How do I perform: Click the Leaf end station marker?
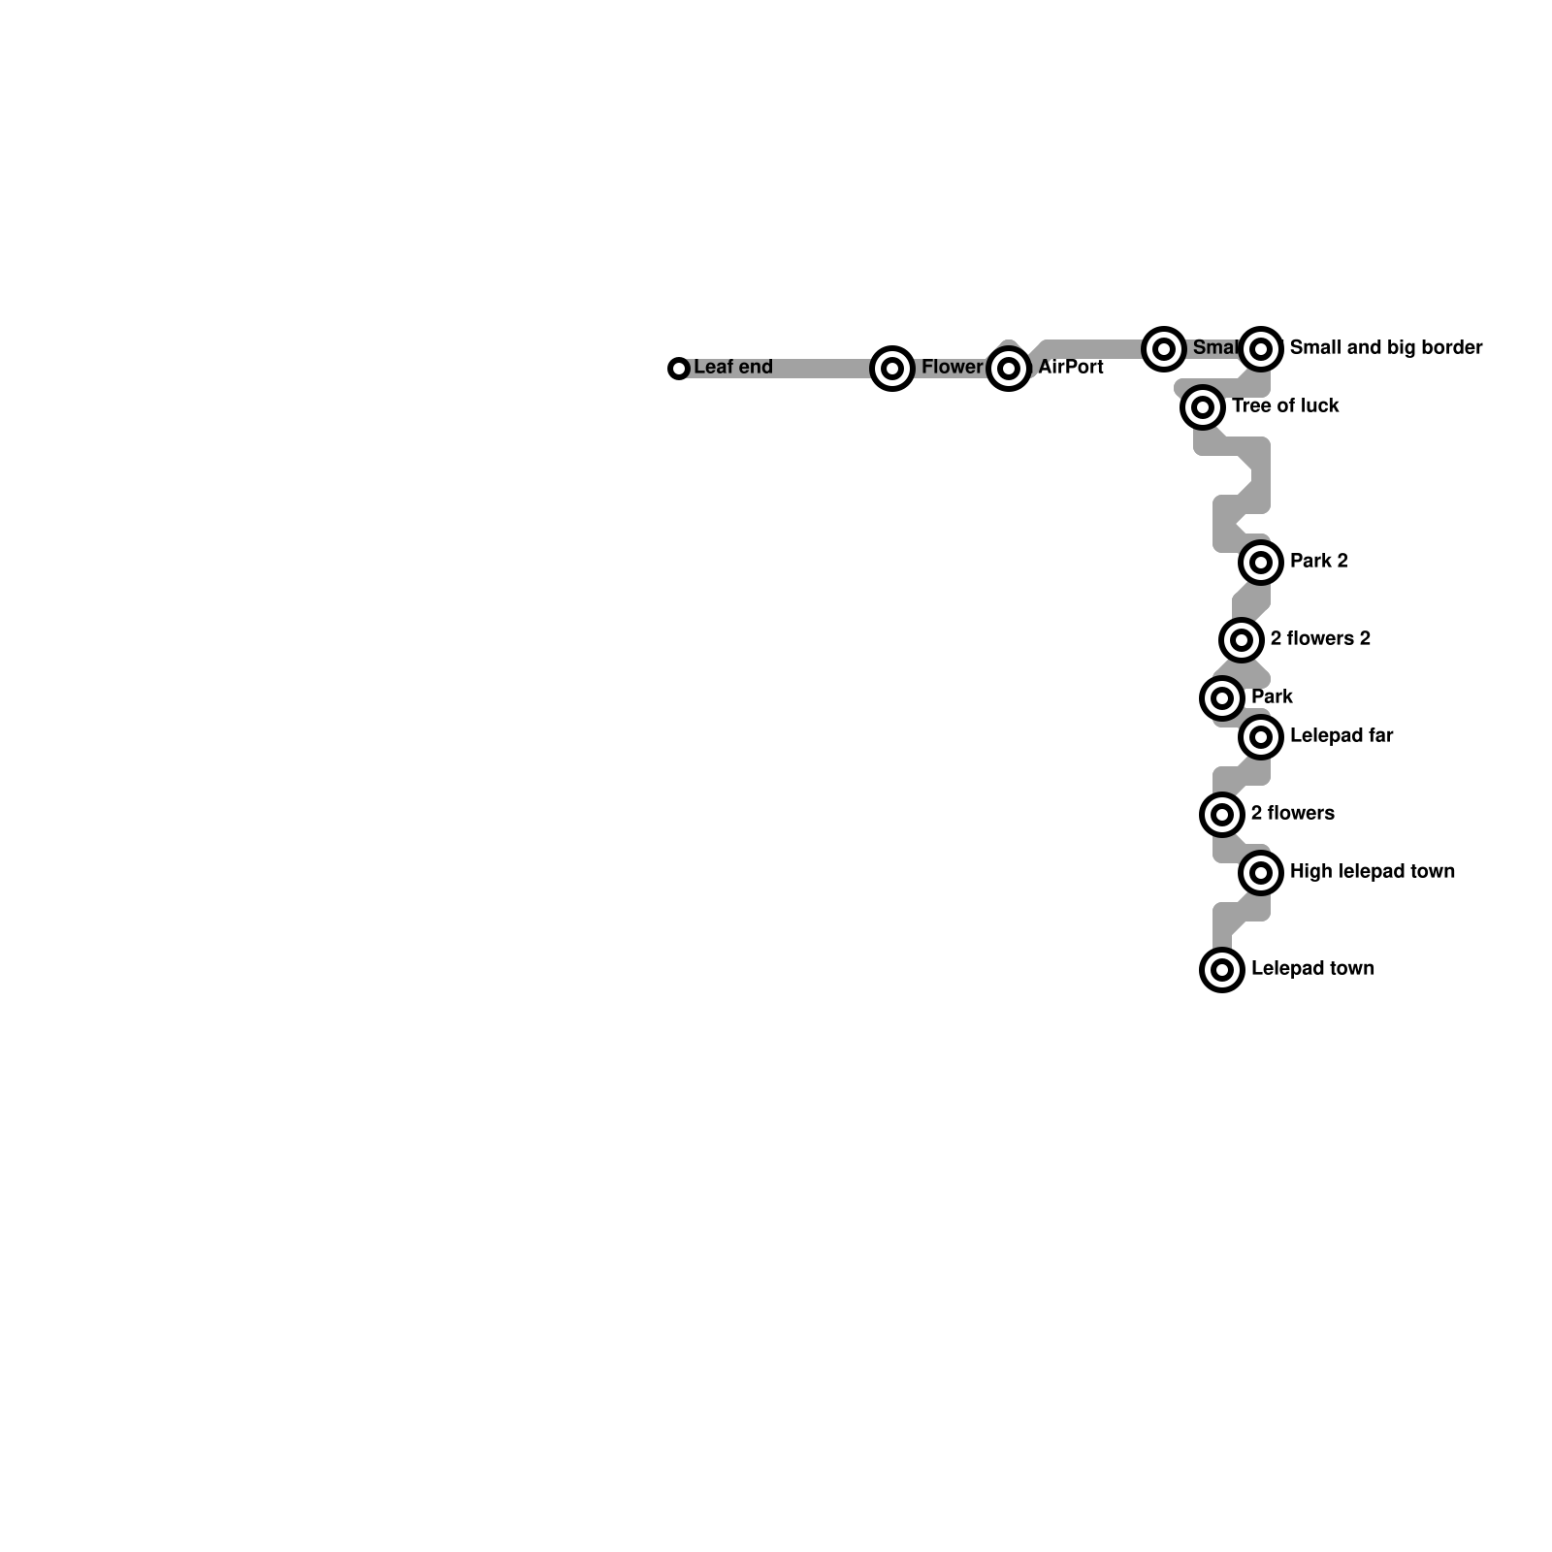point(679,369)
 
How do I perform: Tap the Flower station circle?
point(892,369)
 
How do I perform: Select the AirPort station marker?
point(1009,369)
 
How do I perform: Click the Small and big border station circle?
point(1261,348)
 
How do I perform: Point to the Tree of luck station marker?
point(1203,407)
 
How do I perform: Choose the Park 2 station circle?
point(1261,562)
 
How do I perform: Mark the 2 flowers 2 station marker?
point(1242,639)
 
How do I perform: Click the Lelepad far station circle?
point(1261,737)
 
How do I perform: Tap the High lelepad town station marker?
point(1261,873)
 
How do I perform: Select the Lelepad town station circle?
point(1222,969)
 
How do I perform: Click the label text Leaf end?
point(733,368)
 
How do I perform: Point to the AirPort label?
point(1071,368)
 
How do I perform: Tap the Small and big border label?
point(1386,347)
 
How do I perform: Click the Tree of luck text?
point(1285,406)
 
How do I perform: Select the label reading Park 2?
point(1318,562)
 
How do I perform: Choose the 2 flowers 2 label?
point(1320,638)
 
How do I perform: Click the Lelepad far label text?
point(1342,736)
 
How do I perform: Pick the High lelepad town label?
point(1373,872)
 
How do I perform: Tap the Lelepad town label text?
point(1312,969)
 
